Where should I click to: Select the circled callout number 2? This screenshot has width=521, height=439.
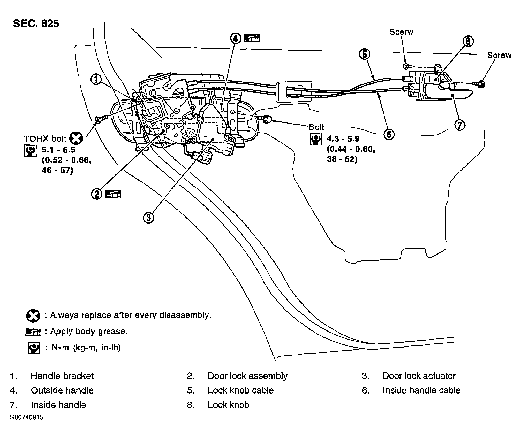coord(97,194)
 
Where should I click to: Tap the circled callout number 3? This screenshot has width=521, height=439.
coord(148,218)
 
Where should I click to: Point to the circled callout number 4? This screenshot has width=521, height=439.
coord(235,38)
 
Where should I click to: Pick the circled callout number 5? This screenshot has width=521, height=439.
coord(365,54)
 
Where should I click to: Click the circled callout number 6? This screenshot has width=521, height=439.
coord(389,134)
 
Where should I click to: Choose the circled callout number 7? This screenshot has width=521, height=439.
coord(460,125)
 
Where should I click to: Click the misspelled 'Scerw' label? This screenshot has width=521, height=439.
coord(401,32)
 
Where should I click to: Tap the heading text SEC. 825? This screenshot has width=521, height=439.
coord(36,24)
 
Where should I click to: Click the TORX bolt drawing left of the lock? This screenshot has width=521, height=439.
coord(102,119)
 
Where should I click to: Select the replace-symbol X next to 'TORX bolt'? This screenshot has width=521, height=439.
coord(76,138)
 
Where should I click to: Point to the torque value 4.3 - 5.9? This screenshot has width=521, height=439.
coord(343,139)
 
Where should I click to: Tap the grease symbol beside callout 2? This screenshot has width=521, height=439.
coord(113,194)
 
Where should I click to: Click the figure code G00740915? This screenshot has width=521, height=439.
coord(27,418)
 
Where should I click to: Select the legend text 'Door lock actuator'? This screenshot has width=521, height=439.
coord(419,376)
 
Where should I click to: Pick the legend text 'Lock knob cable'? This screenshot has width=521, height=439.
coord(241,390)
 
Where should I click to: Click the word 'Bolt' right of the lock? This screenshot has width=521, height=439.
coord(316,127)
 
